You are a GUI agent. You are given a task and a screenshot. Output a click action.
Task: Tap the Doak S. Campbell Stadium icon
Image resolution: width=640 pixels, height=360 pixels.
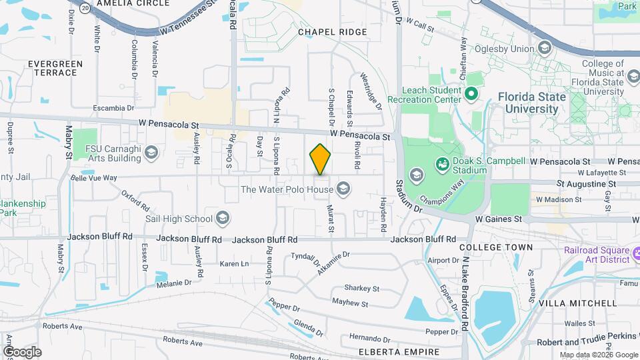[x=441, y=163]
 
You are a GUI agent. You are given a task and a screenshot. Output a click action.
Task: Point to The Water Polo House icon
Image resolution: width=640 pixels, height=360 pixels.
[x=344, y=189]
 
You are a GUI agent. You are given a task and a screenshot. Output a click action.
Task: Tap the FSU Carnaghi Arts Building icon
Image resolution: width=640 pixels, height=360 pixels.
[x=151, y=153]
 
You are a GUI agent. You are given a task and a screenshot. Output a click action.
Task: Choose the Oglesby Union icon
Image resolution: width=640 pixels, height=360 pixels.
[x=545, y=48]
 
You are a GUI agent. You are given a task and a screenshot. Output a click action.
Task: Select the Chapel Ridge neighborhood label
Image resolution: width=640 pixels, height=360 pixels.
[x=333, y=32]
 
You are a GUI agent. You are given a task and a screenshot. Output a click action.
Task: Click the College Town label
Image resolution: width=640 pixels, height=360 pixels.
[x=496, y=247]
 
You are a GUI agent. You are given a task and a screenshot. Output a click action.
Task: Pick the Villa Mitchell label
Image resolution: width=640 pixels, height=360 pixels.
[x=577, y=303]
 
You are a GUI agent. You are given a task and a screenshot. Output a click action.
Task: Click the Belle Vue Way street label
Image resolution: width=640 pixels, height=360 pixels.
[x=93, y=178]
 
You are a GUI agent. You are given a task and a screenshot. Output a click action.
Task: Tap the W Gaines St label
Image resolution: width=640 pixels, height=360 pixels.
[x=498, y=219]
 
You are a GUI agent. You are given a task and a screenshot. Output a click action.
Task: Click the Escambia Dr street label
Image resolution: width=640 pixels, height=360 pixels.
[x=113, y=107]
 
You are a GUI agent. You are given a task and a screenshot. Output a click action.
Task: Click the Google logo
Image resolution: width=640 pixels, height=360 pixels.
[x=23, y=352]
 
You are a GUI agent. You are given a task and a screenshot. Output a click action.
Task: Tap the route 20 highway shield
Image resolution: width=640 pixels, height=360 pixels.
[x=84, y=7]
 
